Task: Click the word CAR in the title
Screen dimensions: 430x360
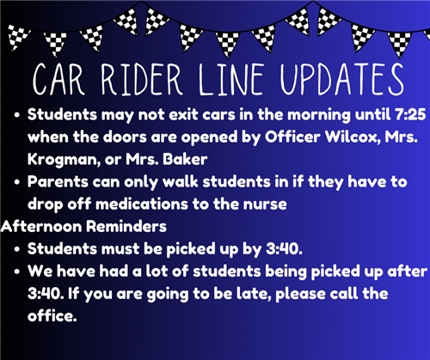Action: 58,79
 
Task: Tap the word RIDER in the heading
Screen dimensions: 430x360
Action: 142,79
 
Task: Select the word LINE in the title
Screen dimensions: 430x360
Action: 230,79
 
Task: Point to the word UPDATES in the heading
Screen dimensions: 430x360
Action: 342,79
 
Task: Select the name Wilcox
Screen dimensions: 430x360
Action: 352,137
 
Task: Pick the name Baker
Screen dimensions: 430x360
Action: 185,159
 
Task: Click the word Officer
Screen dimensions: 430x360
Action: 292,137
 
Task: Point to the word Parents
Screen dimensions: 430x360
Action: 58,182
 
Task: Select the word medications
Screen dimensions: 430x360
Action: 142,204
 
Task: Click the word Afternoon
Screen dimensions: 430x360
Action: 41,227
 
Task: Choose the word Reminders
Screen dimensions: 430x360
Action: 126,227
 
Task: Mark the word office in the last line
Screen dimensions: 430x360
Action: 52,316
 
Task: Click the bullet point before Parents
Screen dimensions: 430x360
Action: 17,182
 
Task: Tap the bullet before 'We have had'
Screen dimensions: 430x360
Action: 17,272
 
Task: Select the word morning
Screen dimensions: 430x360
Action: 319,115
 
